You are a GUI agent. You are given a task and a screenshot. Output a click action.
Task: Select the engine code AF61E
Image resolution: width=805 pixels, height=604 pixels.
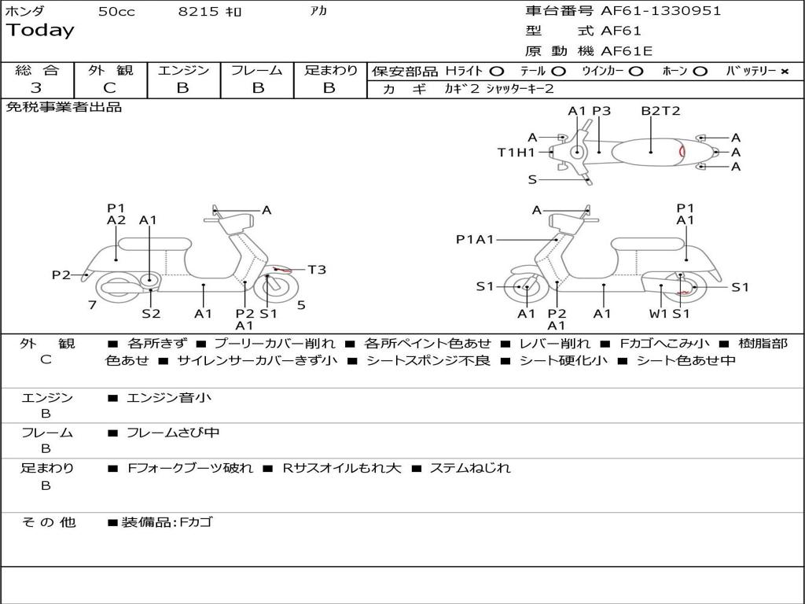(627, 51)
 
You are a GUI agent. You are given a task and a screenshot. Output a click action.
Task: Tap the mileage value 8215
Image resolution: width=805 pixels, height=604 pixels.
(199, 12)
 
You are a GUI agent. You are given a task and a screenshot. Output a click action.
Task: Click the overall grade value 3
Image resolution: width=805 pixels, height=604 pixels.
(37, 88)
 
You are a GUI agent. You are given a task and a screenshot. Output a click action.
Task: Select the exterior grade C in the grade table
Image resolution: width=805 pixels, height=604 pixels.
(110, 88)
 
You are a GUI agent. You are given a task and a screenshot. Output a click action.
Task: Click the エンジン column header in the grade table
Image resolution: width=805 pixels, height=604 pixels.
(183, 71)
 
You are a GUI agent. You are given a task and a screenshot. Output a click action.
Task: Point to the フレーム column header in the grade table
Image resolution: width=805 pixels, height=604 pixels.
(257, 71)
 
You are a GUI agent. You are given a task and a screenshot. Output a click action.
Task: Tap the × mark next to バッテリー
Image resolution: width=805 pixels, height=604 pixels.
(784, 72)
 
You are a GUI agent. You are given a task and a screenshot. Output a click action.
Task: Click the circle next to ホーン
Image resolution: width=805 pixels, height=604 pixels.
(700, 72)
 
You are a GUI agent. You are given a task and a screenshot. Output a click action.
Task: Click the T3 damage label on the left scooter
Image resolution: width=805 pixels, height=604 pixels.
(317, 270)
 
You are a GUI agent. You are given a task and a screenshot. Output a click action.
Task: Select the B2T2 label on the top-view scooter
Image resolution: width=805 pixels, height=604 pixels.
(660, 111)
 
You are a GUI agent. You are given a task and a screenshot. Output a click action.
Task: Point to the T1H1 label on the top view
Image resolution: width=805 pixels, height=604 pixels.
(516, 153)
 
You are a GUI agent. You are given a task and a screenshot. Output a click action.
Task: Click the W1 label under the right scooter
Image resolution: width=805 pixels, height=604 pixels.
(658, 314)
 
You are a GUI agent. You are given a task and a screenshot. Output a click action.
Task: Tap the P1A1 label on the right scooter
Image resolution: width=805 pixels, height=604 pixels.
(475, 239)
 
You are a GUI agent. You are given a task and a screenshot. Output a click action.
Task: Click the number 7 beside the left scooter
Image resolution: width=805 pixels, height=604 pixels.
(92, 305)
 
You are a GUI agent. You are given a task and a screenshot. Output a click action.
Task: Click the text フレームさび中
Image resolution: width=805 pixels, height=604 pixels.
(173, 433)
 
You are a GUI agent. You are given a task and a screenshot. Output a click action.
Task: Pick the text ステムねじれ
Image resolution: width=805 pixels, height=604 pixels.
(470, 468)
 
